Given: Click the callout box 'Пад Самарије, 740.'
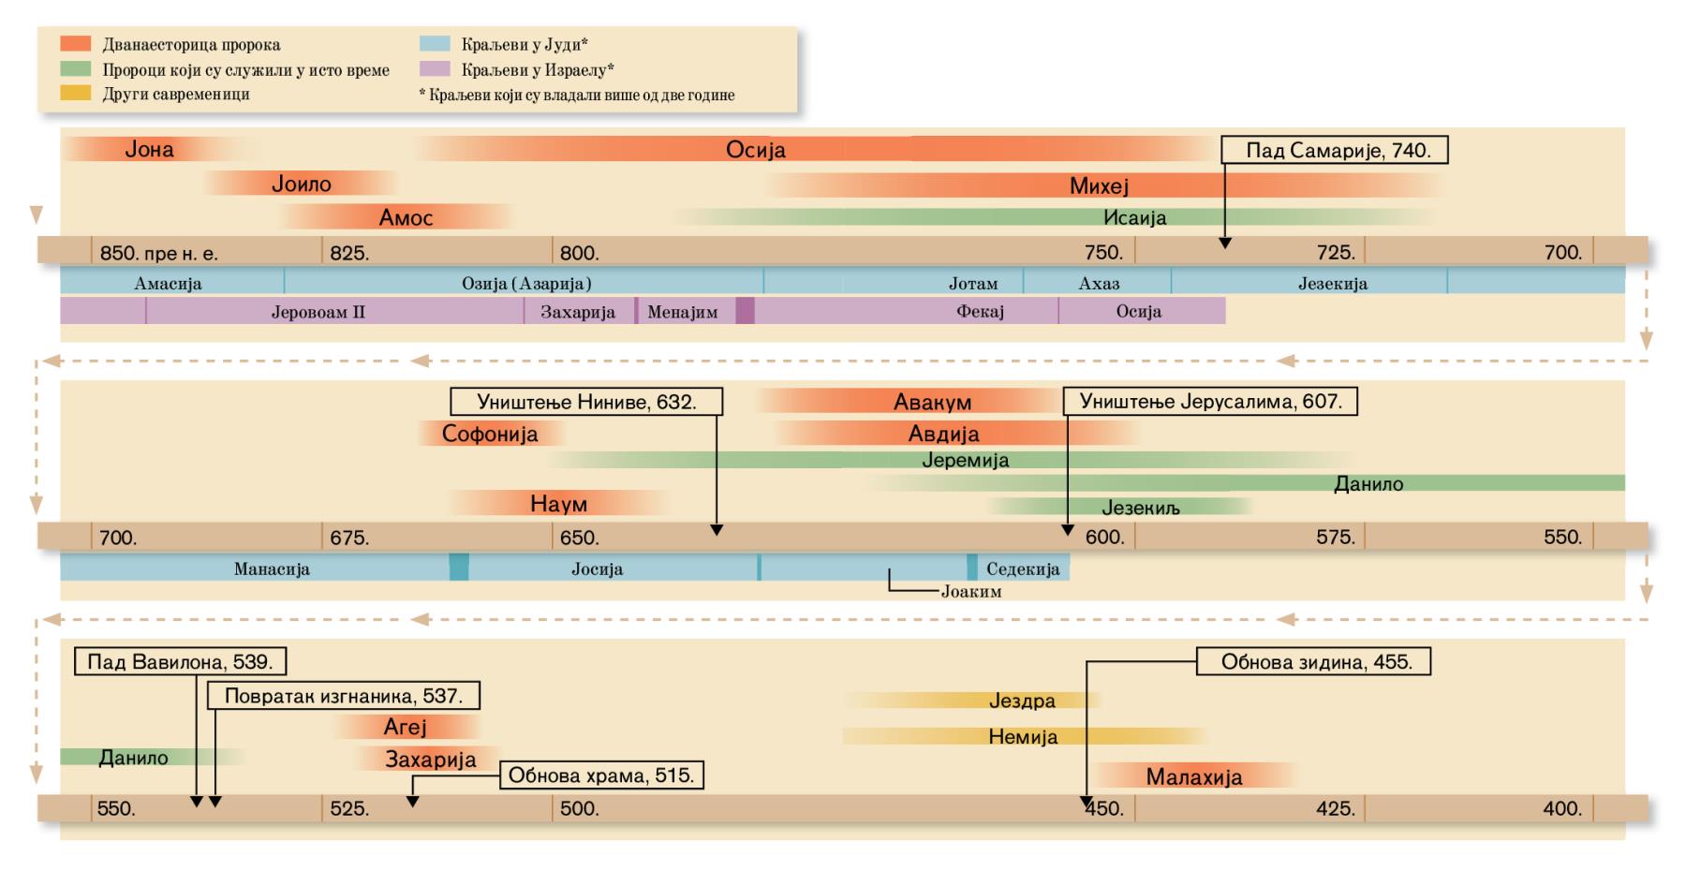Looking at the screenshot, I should click(x=1335, y=150).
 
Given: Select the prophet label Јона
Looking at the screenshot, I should click(x=149, y=150).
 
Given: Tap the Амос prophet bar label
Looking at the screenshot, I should click(x=406, y=218).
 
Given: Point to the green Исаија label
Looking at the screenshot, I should click(x=1134, y=218).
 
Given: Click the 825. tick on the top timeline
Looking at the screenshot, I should click(x=349, y=252).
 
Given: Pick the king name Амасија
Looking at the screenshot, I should click(x=168, y=283).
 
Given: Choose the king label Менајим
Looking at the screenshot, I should click(x=682, y=312).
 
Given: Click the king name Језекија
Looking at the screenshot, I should click(x=1332, y=283).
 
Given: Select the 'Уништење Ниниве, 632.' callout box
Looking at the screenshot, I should click(x=586, y=402).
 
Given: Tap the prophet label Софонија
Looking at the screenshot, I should click(x=490, y=434).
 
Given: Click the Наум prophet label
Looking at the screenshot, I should click(x=558, y=504).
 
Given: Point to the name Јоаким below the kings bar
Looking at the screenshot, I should click(x=971, y=591).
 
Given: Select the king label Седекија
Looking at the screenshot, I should click(x=1023, y=568).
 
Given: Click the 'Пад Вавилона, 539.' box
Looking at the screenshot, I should click(x=180, y=662).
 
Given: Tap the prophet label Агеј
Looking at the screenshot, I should click(x=405, y=727).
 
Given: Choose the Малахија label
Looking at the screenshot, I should click(x=1194, y=776).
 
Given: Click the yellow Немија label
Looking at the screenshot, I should click(x=1023, y=737).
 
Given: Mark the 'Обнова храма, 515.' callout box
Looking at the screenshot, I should click(x=602, y=776).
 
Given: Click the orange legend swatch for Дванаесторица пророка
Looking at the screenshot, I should click(x=76, y=44).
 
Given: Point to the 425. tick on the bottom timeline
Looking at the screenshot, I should click(x=1336, y=808).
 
